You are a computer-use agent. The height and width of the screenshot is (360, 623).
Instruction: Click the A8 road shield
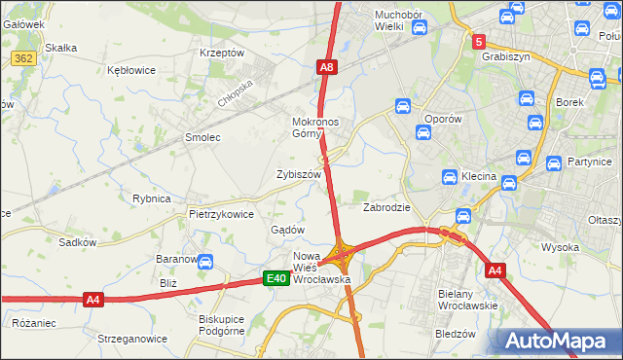[x=327, y=67]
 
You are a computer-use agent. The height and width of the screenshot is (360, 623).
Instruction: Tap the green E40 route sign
[x=277, y=279]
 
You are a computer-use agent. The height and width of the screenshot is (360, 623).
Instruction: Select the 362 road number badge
[x=24, y=58]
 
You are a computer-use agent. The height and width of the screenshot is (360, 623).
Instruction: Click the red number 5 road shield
[x=479, y=42]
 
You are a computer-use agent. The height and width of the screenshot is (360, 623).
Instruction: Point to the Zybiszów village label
[x=299, y=174]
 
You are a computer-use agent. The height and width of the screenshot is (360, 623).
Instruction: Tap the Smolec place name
[x=202, y=138]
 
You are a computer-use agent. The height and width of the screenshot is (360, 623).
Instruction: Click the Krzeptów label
[x=221, y=54]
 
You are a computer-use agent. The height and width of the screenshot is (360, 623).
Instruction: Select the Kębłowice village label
[x=132, y=71]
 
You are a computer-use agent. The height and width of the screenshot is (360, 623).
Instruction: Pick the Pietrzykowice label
[x=221, y=214]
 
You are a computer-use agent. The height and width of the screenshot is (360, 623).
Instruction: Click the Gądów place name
[x=288, y=230]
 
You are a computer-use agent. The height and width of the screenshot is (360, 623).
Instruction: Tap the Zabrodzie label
[x=386, y=208]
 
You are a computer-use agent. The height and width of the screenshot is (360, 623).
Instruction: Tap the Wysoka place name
[x=560, y=247]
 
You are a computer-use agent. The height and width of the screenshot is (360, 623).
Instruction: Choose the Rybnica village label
[x=152, y=198]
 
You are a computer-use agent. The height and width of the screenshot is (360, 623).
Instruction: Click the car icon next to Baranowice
[x=206, y=261]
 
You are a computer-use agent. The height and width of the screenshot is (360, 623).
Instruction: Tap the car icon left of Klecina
[x=450, y=178]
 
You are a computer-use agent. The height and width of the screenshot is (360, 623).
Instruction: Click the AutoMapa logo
[x=559, y=342]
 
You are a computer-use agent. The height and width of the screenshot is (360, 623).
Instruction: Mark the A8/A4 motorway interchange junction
[x=342, y=256]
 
